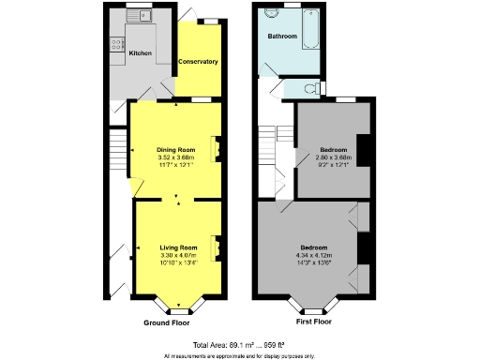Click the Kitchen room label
[140, 53]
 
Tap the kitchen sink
[145, 16]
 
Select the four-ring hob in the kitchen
[117, 42]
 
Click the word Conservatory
[198, 62]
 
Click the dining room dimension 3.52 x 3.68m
[175, 157]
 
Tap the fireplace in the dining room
[217, 148]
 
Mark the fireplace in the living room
[217, 247]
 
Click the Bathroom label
[282, 37]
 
